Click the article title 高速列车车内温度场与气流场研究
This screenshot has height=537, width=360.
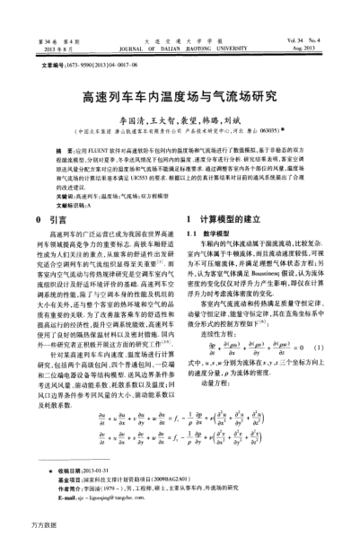(x=180, y=97)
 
